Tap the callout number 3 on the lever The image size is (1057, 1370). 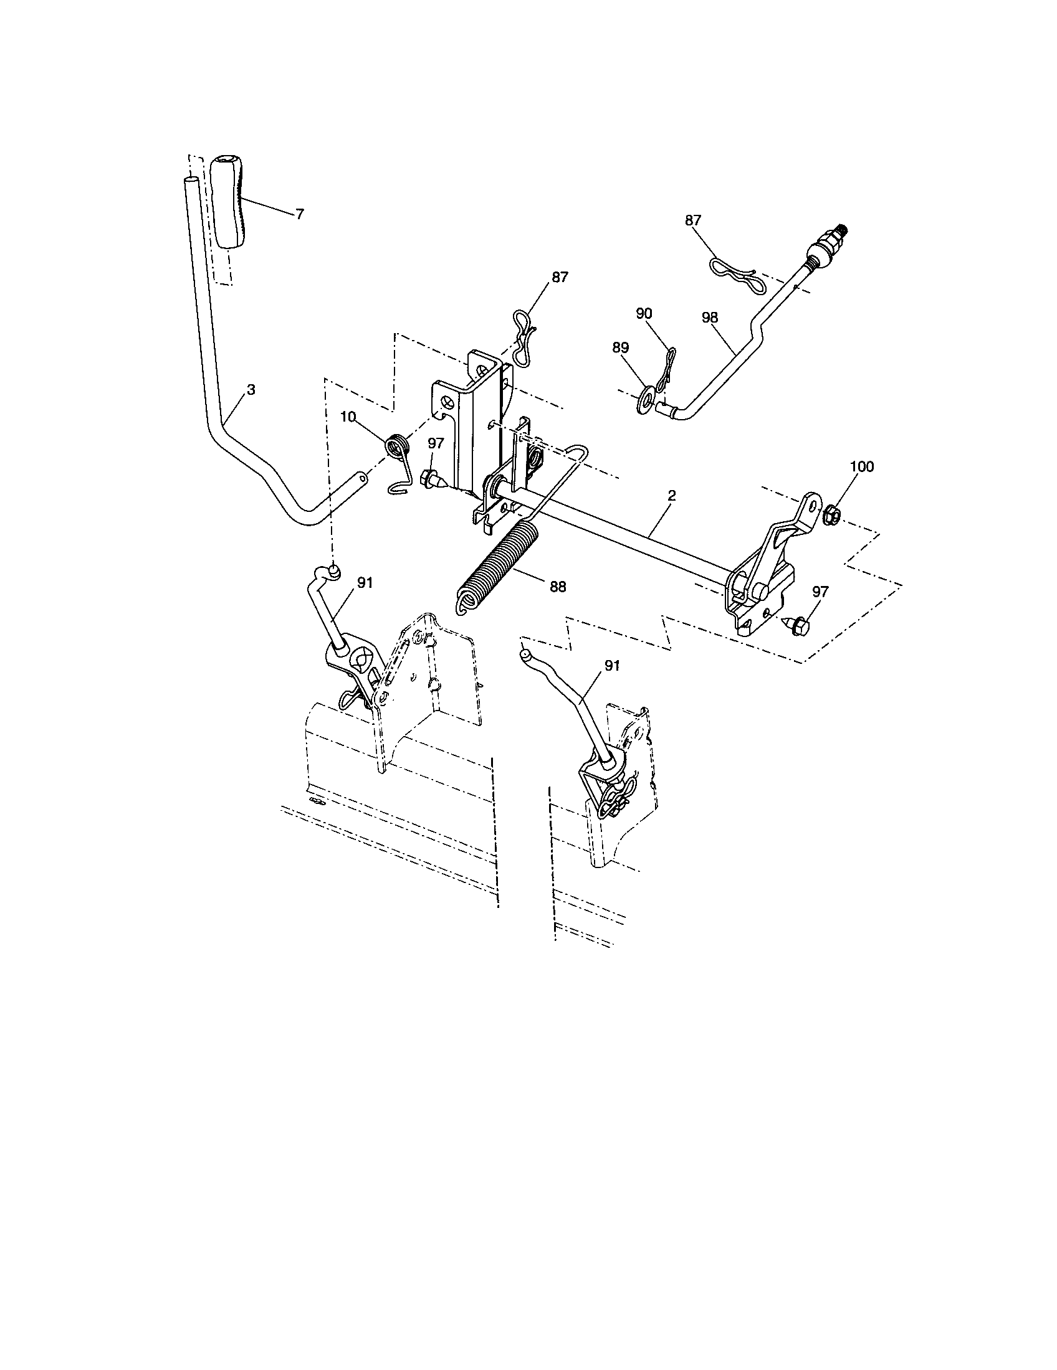251,390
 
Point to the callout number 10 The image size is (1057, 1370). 348,417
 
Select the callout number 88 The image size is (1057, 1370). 557,587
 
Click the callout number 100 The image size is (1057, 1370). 861,466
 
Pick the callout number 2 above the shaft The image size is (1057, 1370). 671,496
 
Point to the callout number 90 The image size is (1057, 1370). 644,314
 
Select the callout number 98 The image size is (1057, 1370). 710,318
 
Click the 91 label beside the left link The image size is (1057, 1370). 365,583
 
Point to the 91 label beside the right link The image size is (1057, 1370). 611,666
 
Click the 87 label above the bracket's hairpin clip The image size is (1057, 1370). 560,277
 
